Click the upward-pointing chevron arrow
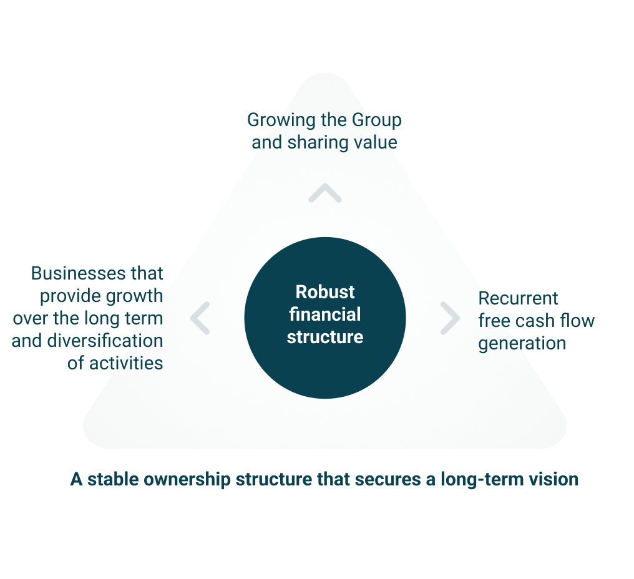[324, 193]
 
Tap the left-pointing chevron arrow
[200, 318]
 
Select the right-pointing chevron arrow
[449, 318]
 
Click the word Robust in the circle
[325, 292]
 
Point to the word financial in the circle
[325, 314]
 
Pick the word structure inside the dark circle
[325, 337]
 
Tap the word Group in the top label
[375, 120]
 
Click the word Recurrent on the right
[518, 298]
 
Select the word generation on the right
[522, 344]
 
